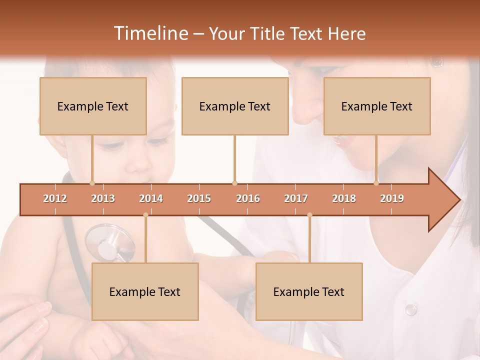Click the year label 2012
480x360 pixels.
click(x=55, y=198)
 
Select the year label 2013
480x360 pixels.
click(x=103, y=198)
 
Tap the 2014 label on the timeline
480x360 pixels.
click(x=151, y=198)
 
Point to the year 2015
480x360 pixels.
click(x=199, y=198)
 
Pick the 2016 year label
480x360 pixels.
click(x=248, y=198)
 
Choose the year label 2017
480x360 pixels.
click(x=296, y=198)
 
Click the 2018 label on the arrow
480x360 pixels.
click(x=344, y=198)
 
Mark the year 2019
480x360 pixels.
click(x=392, y=198)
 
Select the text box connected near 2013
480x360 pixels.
click(x=93, y=106)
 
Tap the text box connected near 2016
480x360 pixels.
click(x=235, y=106)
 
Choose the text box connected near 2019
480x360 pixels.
click(x=377, y=106)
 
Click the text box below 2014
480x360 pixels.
click(x=145, y=291)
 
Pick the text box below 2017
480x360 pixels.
click(x=309, y=291)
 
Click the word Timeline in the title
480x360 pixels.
click(x=150, y=33)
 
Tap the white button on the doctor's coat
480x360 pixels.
click(x=410, y=309)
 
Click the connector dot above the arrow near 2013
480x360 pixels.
click(x=92, y=183)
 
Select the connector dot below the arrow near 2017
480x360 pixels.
click(x=309, y=215)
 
